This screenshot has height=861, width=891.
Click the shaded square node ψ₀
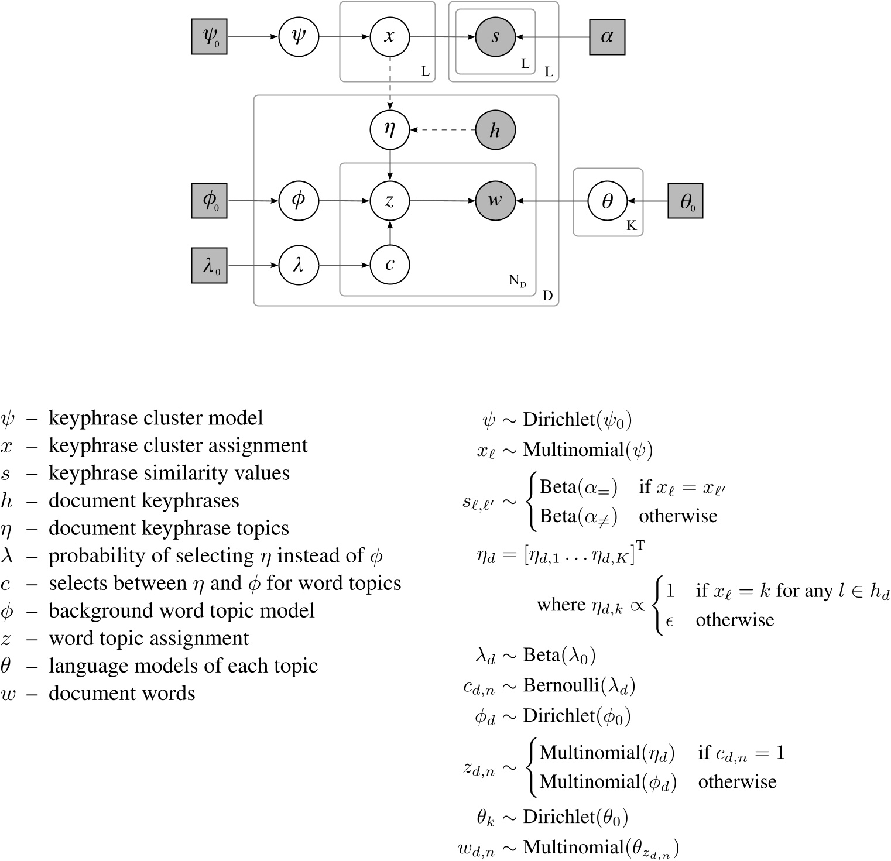(x=209, y=36)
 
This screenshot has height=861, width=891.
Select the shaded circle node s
(x=495, y=36)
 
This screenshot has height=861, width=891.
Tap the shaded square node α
(x=606, y=36)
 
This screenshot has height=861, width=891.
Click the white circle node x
(x=389, y=36)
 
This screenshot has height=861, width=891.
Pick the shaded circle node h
(x=495, y=129)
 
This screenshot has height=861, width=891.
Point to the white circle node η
(x=389, y=129)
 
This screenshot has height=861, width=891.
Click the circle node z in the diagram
(x=389, y=200)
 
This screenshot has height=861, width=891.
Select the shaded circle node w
(x=495, y=200)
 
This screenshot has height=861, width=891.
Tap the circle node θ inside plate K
(x=607, y=201)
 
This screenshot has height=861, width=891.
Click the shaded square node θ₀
(x=686, y=201)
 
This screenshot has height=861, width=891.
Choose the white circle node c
(x=389, y=265)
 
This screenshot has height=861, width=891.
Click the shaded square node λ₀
(x=209, y=265)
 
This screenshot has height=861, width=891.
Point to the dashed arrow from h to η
(x=443, y=129)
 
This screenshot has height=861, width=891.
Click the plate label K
(x=631, y=226)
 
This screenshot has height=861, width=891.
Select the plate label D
(x=547, y=296)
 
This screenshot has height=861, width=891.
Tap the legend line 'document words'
(x=122, y=693)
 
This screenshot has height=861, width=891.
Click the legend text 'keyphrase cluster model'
(x=156, y=418)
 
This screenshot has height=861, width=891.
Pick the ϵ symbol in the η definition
(x=670, y=620)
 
